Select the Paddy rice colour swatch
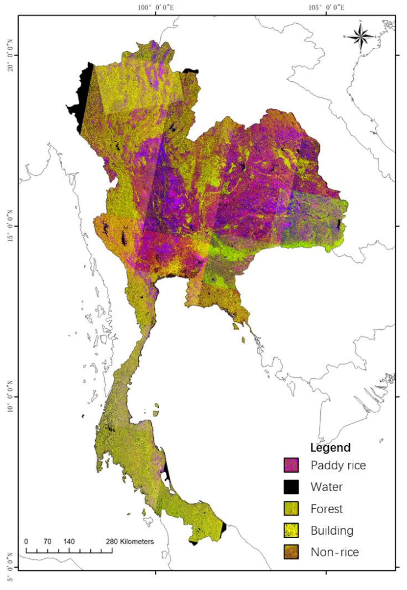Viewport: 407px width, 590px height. pyautogui.click(x=291, y=465)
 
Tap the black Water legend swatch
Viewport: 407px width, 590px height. pyautogui.click(x=291, y=487)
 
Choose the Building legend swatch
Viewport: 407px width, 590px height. pyautogui.click(x=291, y=530)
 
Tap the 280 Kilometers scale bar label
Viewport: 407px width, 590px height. pyautogui.click(x=130, y=541)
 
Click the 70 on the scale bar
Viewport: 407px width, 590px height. pyautogui.click(x=47, y=541)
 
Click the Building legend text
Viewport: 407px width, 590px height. pyautogui.click(x=332, y=531)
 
